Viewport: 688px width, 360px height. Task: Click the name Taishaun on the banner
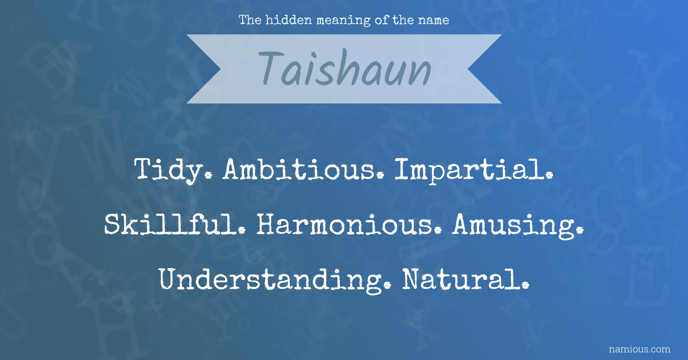345,68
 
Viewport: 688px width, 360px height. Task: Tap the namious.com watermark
639,349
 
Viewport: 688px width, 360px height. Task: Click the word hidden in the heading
289,20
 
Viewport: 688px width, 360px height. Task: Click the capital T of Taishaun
272,68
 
